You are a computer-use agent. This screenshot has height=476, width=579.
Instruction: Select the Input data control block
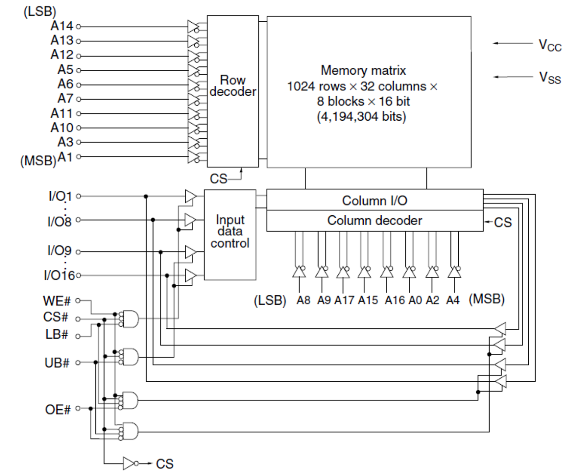pyautogui.click(x=230, y=232)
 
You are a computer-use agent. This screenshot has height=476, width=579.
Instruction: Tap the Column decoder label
pyautogui.click(x=374, y=221)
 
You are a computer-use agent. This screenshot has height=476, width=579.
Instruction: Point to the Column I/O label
pyautogui.click(x=374, y=201)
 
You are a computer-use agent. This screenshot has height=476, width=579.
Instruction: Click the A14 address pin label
pyautogui.click(x=62, y=26)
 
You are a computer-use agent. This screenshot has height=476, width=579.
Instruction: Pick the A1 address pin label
pyautogui.click(x=65, y=157)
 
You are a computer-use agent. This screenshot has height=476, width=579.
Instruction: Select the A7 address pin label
pyautogui.click(x=65, y=99)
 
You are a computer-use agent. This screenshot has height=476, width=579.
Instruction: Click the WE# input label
pyautogui.click(x=56, y=301)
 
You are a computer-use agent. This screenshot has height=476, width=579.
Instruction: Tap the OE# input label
pyautogui.click(x=58, y=410)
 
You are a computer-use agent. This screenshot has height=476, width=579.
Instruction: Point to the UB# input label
pyautogui.click(x=57, y=363)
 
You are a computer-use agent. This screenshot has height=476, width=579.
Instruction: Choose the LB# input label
pyautogui.click(x=57, y=334)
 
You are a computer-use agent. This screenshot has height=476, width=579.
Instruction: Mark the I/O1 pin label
pyautogui.click(x=60, y=196)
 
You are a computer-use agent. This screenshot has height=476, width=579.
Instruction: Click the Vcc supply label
pyautogui.click(x=550, y=45)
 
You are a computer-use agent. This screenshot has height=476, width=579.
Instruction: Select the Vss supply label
pyautogui.click(x=550, y=77)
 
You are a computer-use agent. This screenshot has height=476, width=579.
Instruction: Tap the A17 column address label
pyautogui.click(x=344, y=300)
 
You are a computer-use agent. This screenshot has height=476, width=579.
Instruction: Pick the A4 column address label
pyautogui.click(x=453, y=300)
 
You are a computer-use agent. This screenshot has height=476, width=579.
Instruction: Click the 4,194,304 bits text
pyautogui.click(x=361, y=117)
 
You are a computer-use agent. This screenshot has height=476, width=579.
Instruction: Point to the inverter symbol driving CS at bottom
pyautogui.click(x=130, y=463)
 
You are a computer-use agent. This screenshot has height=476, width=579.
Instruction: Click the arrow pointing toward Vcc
pyautogui.click(x=513, y=43)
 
